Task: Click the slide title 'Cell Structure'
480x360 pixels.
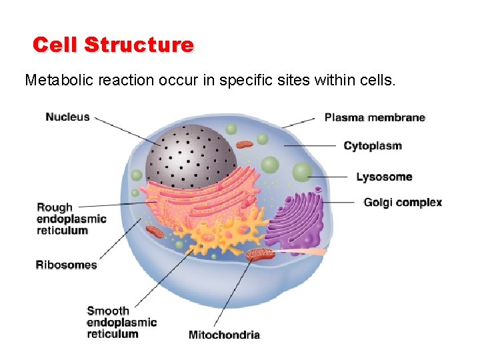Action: (113, 45)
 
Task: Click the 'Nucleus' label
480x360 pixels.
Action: (67, 117)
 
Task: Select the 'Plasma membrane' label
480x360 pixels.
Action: (375, 118)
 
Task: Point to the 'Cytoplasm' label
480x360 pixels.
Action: (373, 146)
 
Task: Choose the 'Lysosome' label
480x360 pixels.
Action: (384, 177)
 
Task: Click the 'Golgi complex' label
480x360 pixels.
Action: (403, 202)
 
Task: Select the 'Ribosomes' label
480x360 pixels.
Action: (66, 265)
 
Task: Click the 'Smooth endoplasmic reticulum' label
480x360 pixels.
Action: (121, 322)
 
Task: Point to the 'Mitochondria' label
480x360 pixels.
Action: (224, 335)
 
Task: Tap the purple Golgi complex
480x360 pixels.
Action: (297, 220)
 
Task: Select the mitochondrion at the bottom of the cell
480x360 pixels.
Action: (259, 254)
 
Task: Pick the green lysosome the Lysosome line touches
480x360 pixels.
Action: (303, 172)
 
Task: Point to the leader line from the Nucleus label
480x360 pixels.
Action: (127, 131)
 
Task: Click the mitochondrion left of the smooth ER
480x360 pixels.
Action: (155, 231)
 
